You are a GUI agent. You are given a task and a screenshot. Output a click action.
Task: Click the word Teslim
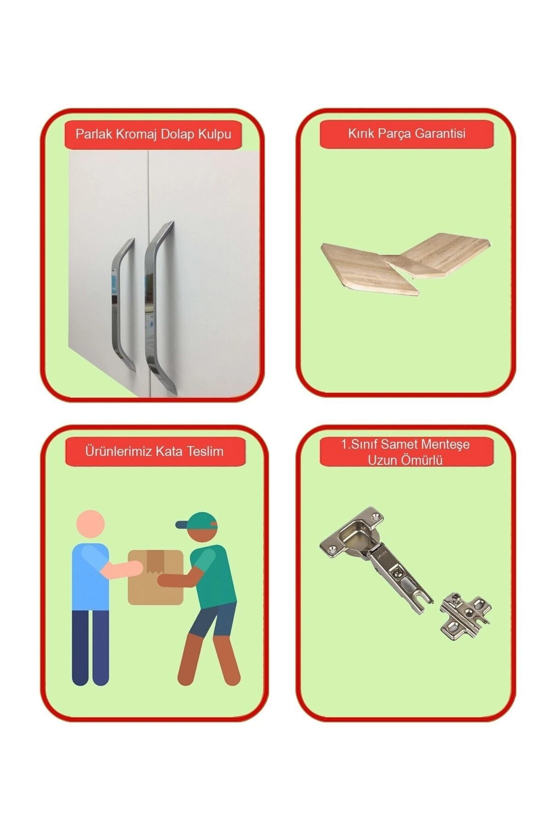coord(203,451)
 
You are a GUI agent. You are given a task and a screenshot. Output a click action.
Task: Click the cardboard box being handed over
coord(155,577)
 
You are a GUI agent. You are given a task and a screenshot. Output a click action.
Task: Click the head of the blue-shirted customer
coord(91,524)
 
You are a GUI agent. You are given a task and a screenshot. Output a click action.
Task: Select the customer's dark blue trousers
coord(91,648)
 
